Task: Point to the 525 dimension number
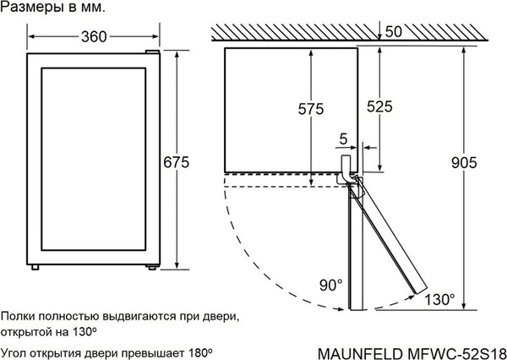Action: pos(381,107)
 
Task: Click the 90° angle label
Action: pos(330,285)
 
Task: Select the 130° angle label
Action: pos(440,299)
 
